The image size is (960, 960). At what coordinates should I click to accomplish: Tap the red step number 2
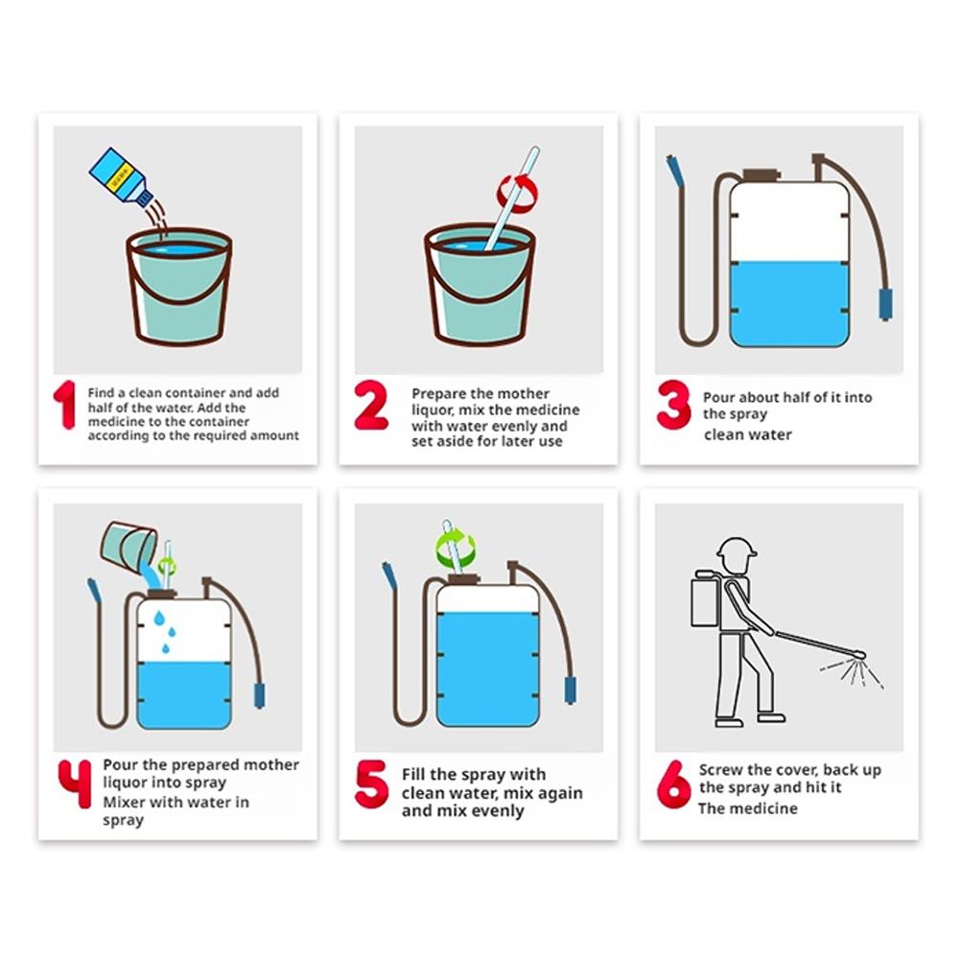[371, 405]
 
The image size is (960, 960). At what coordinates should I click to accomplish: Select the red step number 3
[673, 405]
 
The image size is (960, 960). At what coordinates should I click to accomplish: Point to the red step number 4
[75, 784]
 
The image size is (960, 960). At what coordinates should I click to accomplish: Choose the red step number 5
[371, 784]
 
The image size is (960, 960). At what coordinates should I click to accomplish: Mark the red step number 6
[673, 784]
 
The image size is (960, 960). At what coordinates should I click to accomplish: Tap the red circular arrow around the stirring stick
[517, 194]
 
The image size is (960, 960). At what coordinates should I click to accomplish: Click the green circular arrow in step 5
[456, 548]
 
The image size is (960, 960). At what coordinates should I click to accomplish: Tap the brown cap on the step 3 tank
[761, 176]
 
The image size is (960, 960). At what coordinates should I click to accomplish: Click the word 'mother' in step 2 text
[524, 393]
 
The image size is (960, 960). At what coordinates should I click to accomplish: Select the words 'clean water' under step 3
[747, 434]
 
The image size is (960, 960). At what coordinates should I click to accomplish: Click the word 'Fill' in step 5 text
[413, 775]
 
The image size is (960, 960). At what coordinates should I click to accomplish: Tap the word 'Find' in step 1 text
[101, 393]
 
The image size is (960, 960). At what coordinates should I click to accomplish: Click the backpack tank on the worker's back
[705, 600]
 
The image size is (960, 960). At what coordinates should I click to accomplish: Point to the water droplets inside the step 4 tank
[164, 631]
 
